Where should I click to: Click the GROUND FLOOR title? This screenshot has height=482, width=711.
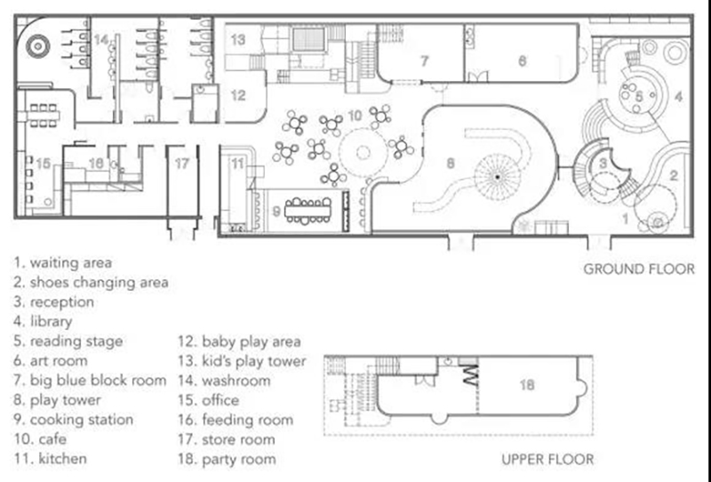click(638, 269)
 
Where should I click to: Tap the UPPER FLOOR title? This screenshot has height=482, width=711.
click(547, 459)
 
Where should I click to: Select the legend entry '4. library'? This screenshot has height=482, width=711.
click(43, 321)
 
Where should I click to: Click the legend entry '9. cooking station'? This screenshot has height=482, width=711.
click(73, 420)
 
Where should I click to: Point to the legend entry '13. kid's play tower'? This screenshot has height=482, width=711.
click(242, 361)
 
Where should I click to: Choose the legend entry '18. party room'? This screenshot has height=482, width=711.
click(227, 458)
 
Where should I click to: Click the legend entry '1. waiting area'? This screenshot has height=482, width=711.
click(62, 262)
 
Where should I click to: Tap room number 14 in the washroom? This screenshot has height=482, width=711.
click(101, 39)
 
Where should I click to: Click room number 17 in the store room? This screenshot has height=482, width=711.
click(182, 164)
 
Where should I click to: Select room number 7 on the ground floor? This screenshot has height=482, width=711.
click(425, 60)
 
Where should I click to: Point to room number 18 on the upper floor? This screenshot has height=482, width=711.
click(526, 385)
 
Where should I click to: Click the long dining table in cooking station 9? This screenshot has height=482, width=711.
click(308, 211)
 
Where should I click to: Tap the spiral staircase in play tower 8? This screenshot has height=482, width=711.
click(498, 177)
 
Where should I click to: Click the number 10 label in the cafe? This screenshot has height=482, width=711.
click(355, 116)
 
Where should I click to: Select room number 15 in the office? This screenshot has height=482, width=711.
click(43, 163)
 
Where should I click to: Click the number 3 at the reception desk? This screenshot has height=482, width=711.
click(603, 163)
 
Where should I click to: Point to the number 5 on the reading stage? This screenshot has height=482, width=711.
click(639, 96)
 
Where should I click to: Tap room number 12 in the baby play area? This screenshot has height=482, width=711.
click(238, 95)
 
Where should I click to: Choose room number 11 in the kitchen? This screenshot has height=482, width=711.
click(237, 163)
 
